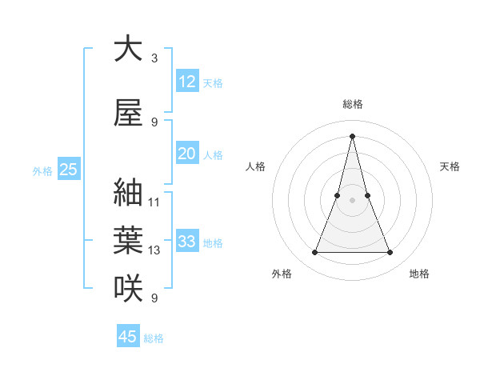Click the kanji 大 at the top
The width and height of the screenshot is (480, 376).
(128, 49)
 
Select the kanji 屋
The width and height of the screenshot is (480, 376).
(128, 113)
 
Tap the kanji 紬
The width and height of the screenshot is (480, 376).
(128, 193)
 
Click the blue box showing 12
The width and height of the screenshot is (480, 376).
(186, 82)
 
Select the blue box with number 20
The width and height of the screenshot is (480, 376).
(186, 154)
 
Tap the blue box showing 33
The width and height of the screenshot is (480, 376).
(186, 242)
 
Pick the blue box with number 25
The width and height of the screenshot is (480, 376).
(68, 170)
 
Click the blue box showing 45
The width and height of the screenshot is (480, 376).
(127, 337)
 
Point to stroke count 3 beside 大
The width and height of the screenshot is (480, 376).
(154, 58)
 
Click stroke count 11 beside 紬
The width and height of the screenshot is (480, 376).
(154, 202)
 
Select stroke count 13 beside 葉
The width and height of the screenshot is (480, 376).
(154, 250)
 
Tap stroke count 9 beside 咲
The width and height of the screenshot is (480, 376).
(154, 298)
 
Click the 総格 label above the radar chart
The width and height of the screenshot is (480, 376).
(353, 104)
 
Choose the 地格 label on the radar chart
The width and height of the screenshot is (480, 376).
(419, 274)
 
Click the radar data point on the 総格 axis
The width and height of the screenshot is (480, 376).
(353, 135)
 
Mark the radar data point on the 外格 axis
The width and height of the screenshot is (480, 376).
(315, 253)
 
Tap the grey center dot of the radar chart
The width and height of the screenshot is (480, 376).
(353, 200)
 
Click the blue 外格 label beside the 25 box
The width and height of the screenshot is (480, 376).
(42, 170)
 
